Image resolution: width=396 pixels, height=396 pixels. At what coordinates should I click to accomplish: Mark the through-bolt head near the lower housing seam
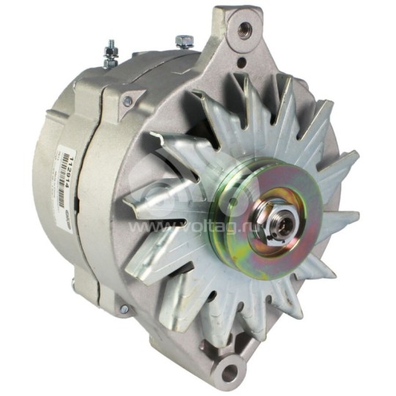(x=122, y=309)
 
